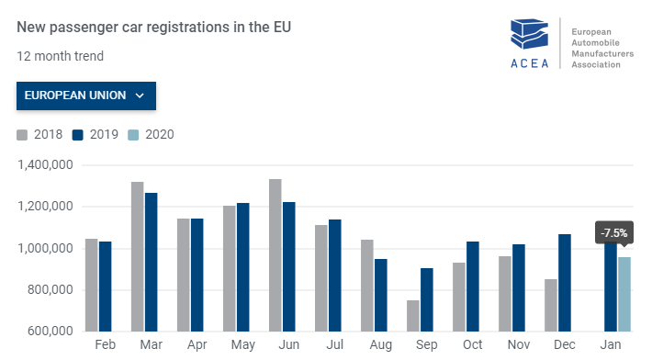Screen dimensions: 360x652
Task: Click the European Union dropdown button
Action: point(85,96)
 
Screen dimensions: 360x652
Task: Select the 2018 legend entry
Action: point(39,135)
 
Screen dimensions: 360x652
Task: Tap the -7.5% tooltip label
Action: point(613,233)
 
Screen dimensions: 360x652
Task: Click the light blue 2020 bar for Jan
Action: point(624,294)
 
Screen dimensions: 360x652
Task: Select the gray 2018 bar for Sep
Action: point(413,316)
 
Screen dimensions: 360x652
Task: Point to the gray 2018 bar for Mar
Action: point(138,257)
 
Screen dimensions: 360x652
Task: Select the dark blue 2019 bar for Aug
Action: point(381,295)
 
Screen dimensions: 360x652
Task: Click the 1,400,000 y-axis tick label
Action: point(47,165)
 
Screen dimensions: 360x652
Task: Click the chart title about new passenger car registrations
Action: point(152,28)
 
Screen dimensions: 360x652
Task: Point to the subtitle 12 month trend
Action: point(60,56)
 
